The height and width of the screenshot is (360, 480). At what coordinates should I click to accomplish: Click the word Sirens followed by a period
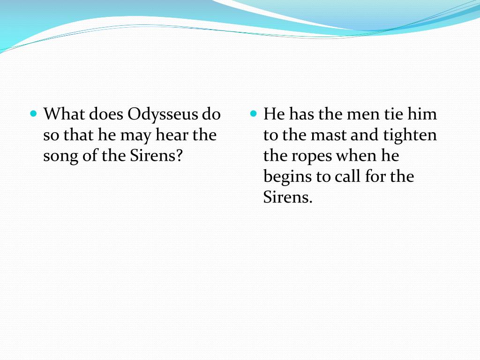click(x=287, y=197)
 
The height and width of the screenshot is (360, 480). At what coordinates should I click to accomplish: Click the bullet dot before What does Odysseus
click(x=33, y=114)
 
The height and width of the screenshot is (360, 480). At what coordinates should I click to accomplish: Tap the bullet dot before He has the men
click(x=254, y=114)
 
